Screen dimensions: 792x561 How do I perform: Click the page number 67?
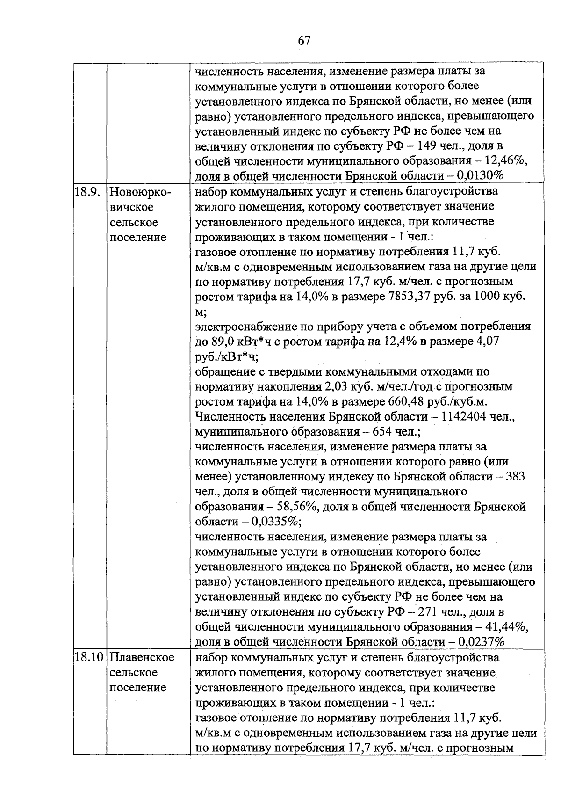304,41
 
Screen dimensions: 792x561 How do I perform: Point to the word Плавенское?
142,658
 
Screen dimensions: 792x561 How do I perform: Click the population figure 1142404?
460,417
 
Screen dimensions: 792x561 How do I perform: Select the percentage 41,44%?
507,627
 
